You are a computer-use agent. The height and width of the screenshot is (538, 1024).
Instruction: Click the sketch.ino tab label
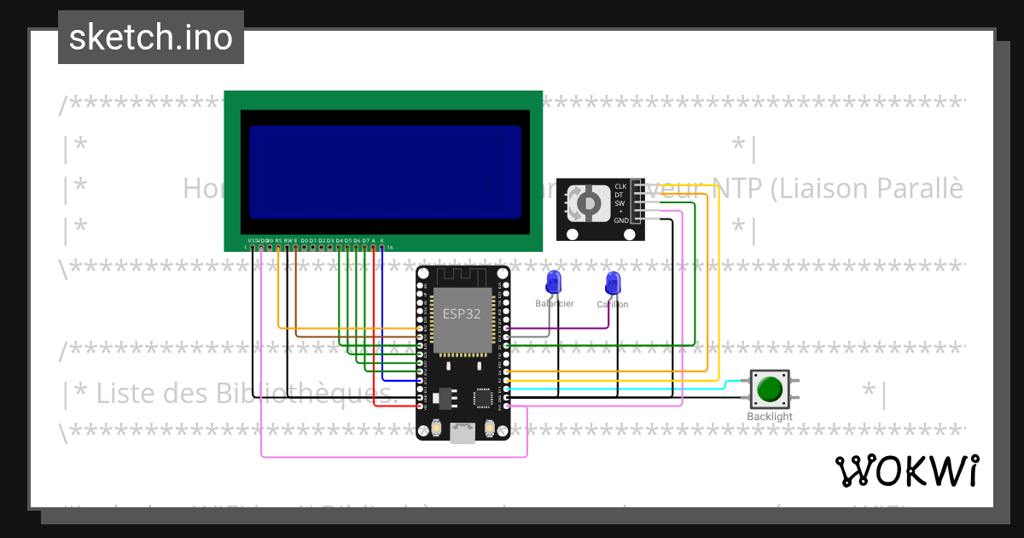(x=150, y=38)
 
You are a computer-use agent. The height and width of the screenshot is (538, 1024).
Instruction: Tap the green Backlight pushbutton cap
(x=770, y=389)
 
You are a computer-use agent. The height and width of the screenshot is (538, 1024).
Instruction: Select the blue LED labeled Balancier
(x=554, y=281)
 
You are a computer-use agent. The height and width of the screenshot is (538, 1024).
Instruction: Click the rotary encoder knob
(x=588, y=203)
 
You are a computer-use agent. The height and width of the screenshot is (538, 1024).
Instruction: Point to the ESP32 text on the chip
(x=461, y=313)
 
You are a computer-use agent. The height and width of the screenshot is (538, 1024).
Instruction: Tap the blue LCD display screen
(x=385, y=173)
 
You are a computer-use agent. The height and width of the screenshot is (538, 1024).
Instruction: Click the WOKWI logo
(x=906, y=471)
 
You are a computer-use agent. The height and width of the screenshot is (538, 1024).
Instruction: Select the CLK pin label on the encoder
(x=620, y=186)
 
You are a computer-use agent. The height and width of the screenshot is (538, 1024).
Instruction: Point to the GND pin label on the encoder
(x=620, y=220)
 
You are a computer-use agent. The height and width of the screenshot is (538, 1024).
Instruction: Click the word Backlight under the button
(x=770, y=417)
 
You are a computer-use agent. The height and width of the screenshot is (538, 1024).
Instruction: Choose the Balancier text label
(x=555, y=304)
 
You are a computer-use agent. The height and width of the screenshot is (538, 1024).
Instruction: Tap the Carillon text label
(x=613, y=305)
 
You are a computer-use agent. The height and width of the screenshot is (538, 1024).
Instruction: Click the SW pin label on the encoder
(x=620, y=203)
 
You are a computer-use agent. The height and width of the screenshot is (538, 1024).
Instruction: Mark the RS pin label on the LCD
(x=278, y=242)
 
